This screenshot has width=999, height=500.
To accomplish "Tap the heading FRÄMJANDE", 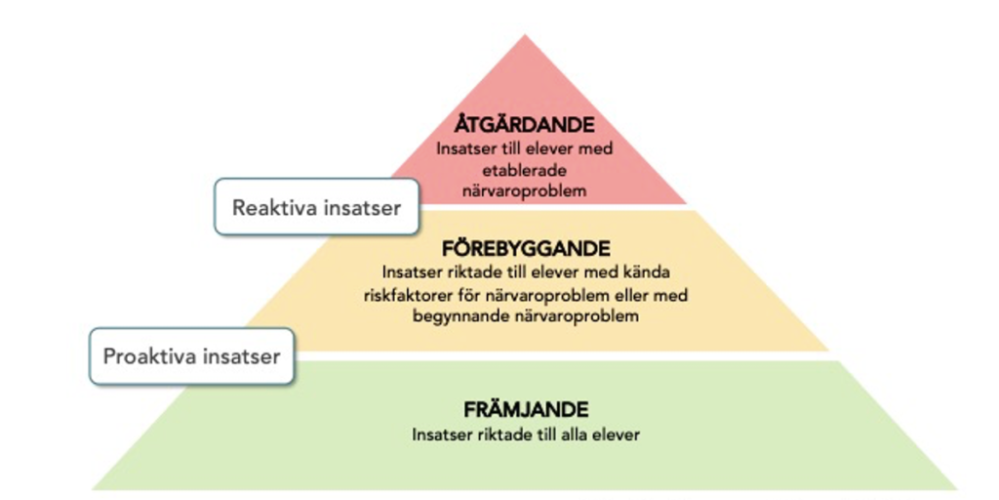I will click(526, 410).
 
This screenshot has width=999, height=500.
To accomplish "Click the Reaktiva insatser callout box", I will click(316, 207).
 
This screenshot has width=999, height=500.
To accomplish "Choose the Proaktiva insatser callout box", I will click(191, 355).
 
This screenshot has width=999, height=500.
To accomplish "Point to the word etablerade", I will click(525, 170).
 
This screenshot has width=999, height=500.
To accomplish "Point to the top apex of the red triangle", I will click(526, 36).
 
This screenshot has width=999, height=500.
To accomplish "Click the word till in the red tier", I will click(515, 149).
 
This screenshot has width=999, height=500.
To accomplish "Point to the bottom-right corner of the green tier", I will click(955, 488).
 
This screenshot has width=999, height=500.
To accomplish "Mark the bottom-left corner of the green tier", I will click(93, 488).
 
